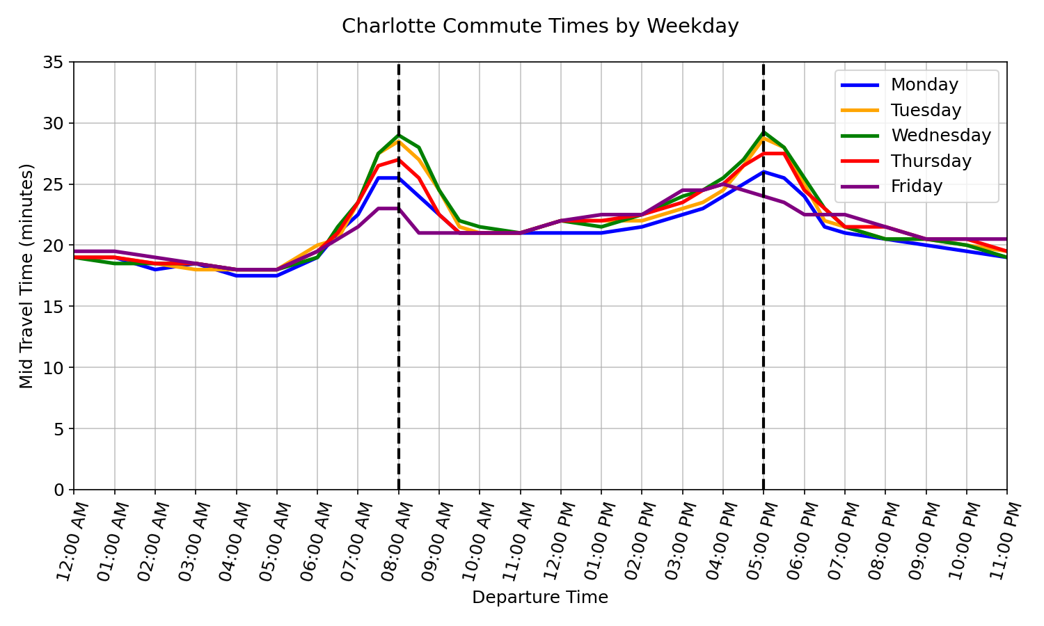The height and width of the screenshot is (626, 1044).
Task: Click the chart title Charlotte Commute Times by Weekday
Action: tap(540, 26)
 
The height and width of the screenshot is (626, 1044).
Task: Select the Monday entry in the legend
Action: tap(924, 85)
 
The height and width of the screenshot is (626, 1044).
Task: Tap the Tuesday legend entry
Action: tap(926, 111)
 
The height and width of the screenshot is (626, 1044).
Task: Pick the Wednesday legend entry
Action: tap(940, 136)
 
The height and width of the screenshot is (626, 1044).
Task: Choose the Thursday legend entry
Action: tap(931, 161)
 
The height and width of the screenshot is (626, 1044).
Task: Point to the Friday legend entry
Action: tap(916, 186)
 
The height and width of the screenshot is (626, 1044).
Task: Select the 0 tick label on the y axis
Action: tap(58, 490)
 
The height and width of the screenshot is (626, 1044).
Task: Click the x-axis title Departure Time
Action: tap(540, 597)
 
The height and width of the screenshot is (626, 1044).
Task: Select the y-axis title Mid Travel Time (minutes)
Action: tap(26, 276)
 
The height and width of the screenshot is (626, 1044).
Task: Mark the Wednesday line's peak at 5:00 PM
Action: tap(764, 132)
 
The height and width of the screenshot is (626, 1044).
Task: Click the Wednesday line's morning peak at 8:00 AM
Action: tap(398, 136)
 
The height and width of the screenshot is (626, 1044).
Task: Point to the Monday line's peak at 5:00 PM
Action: tap(764, 172)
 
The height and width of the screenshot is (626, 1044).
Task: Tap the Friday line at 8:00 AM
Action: tap(398, 209)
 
